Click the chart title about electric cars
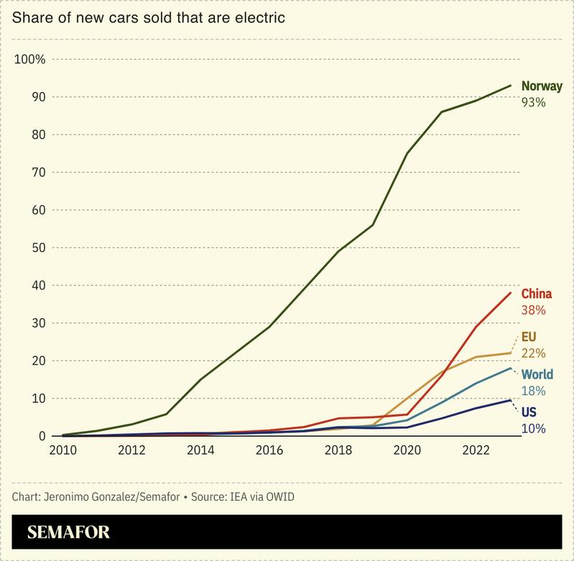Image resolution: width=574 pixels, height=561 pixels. [x=149, y=17]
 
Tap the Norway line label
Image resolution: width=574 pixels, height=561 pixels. [x=542, y=86]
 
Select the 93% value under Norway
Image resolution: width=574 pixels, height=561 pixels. [x=534, y=103]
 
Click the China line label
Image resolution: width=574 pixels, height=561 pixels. [x=537, y=294]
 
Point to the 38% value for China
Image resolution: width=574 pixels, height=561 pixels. [x=534, y=310]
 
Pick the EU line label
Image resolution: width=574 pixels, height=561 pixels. [x=529, y=336]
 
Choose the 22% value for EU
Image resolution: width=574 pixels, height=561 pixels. [x=534, y=353]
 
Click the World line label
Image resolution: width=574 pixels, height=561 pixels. [x=537, y=374]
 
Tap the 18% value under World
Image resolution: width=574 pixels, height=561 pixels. [x=534, y=391]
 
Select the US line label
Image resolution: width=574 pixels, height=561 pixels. [x=529, y=412]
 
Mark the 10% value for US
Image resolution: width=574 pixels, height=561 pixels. [x=534, y=429]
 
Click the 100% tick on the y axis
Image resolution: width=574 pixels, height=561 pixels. [x=30, y=59]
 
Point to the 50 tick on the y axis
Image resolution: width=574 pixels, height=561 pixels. [x=39, y=248]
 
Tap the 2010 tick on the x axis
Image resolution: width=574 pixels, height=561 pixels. [x=63, y=450]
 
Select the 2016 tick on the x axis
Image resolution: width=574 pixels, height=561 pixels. [x=269, y=450]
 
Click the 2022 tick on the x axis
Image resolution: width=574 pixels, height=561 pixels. [x=476, y=450]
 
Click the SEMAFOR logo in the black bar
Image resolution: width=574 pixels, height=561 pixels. [x=69, y=533]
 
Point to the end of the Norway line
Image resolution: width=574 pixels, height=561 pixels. [x=510, y=85]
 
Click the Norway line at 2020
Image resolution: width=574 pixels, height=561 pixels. [x=407, y=153]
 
